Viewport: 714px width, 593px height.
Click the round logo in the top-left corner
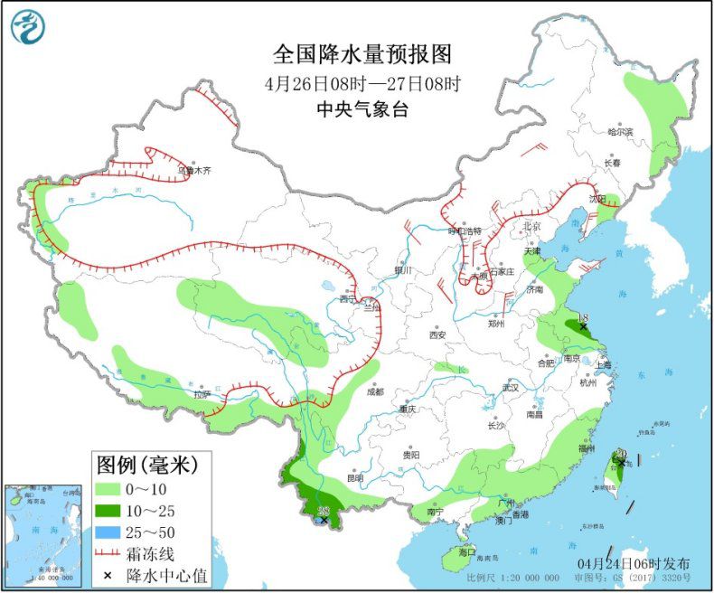[x=28, y=27]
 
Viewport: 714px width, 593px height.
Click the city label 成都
[x=374, y=391]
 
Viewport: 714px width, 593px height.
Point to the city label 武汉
[x=511, y=388]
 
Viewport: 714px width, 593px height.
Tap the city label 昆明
[x=354, y=477]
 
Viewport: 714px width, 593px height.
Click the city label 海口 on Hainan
[x=466, y=551]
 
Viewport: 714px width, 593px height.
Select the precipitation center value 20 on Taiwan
[x=621, y=455]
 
